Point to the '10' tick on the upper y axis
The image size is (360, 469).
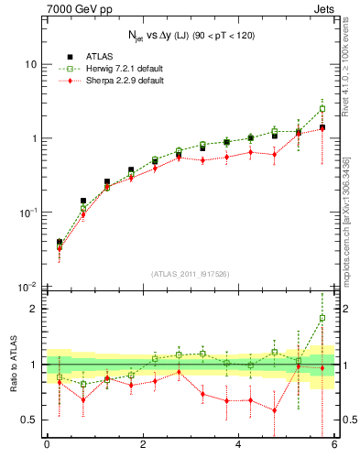click(x=30, y=64)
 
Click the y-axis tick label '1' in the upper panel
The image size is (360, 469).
click(x=33, y=138)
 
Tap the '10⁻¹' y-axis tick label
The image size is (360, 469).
click(x=28, y=212)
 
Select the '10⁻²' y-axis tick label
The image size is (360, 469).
click(x=28, y=287)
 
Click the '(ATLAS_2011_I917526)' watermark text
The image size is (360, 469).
click(x=190, y=275)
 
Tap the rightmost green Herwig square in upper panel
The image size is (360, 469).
click(x=322, y=108)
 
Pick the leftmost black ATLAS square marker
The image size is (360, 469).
click(x=60, y=243)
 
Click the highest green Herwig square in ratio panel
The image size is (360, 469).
click(x=322, y=318)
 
